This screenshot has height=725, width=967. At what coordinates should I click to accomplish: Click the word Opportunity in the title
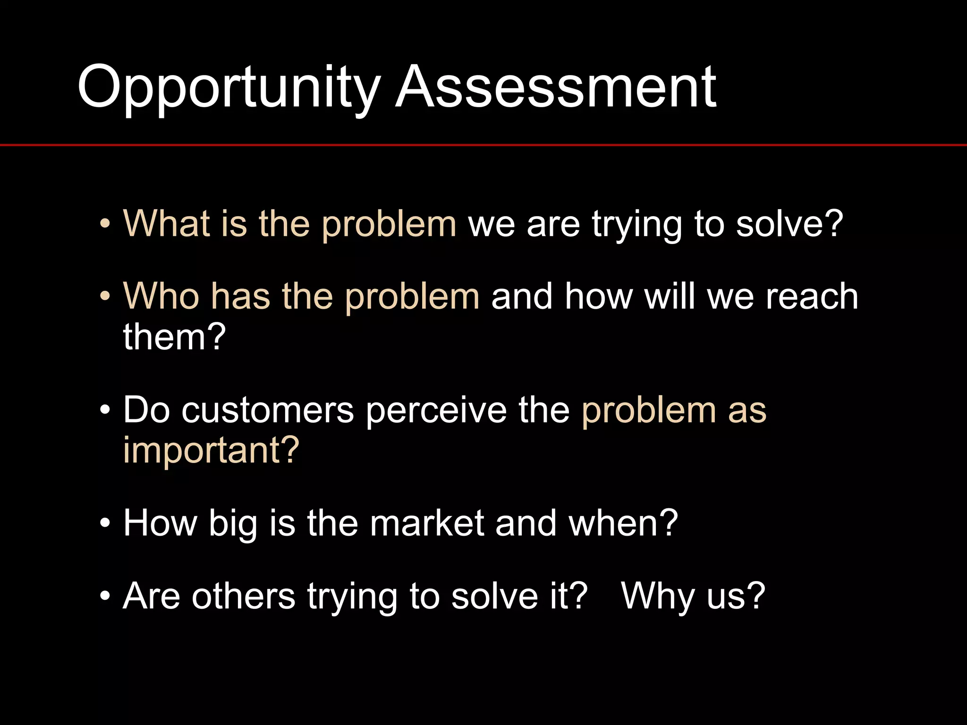click(229, 89)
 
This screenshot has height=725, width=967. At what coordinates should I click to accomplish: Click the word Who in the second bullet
click(161, 296)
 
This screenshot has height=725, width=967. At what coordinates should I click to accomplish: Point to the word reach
click(812, 296)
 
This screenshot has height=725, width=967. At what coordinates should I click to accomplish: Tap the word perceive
click(436, 409)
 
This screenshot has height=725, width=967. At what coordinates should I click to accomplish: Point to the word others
click(243, 596)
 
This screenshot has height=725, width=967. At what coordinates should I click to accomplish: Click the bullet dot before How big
click(105, 523)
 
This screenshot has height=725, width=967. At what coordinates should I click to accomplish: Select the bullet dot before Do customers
click(105, 410)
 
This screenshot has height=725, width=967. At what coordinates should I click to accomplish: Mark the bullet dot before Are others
click(105, 596)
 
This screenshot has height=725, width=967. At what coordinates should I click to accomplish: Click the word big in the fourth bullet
click(233, 524)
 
